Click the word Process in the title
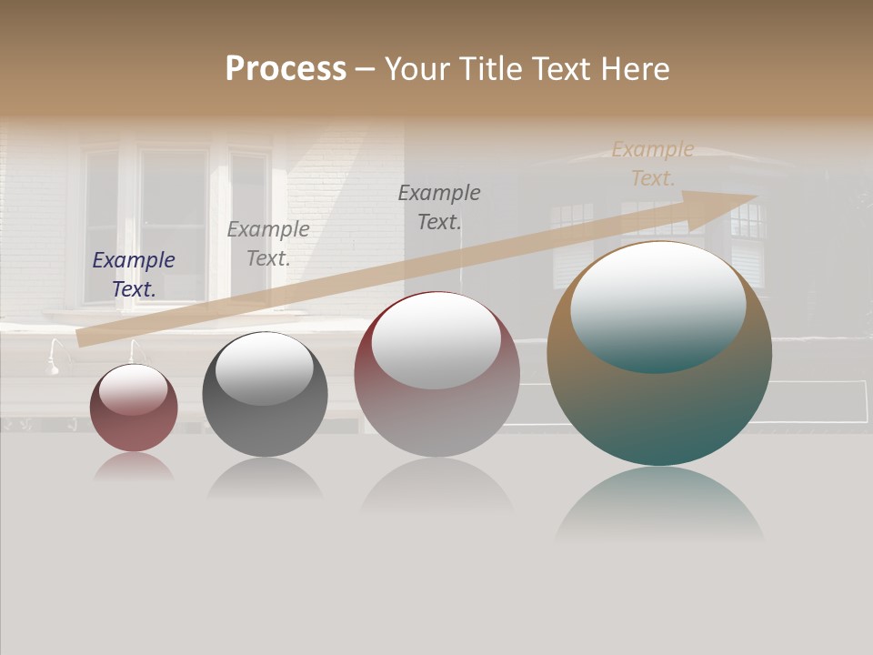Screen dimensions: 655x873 [286, 69]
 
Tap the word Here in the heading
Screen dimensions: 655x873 [635, 69]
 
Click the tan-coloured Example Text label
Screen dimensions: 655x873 [653, 164]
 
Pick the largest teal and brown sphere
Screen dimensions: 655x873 [659, 409]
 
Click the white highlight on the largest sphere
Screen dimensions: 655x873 [657, 305]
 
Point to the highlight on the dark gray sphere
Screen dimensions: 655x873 [264, 367]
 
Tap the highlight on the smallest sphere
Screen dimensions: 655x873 [133, 389]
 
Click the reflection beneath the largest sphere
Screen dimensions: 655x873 [659, 505]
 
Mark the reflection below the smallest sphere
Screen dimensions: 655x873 [134, 468]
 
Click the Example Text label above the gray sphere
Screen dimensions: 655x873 [268, 244]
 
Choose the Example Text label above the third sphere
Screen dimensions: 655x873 [439, 207]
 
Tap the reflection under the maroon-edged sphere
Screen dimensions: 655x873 [437, 487]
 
